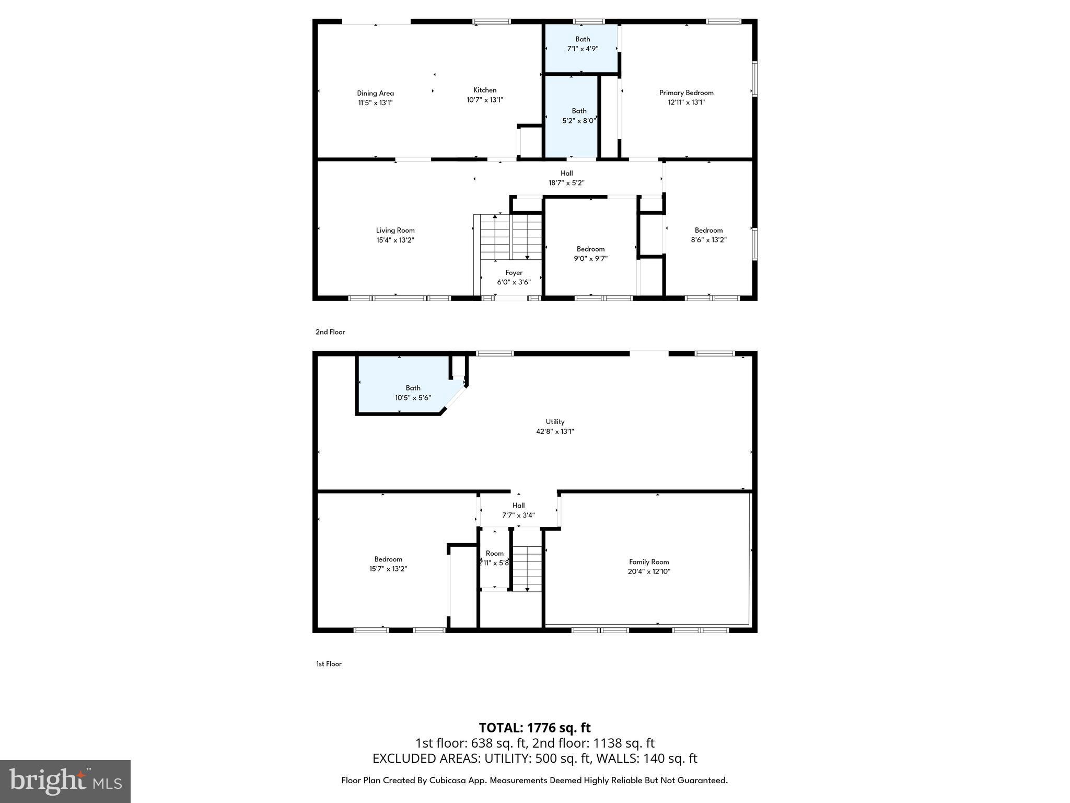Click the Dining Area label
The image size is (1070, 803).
click(x=375, y=94)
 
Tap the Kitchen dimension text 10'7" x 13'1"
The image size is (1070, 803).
click(x=484, y=100)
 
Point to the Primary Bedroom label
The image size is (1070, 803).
click(x=686, y=93)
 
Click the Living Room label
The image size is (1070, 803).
click(x=395, y=230)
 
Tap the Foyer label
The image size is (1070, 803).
click(x=514, y=272)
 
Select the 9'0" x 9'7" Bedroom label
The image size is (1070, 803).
click(x=590, y=249)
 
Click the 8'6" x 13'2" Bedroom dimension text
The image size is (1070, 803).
click(x=708, y=240)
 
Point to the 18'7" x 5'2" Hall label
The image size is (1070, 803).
click(x=566, y=173)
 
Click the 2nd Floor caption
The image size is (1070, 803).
click(x=330, y=332)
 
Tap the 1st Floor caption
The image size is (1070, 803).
click(x=329, y=664)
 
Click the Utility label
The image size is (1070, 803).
click(x=555, y=421)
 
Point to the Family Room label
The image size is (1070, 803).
click(x=648, y=562)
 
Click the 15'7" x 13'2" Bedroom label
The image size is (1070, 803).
click(x=388, y=559)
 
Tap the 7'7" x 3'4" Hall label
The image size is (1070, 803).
click(x=518, y=506)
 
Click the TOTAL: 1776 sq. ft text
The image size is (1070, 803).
click(x=534, y=728)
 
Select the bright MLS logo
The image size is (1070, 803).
click(x=65, y=781)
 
